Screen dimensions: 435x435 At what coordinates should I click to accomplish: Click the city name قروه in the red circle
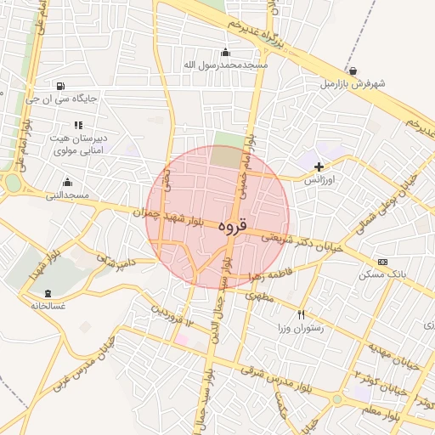tap(232, 227)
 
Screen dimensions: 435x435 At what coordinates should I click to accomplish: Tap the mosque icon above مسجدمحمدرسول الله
tap(224, 52)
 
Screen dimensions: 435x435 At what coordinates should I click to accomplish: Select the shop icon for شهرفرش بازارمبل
tap(353, 71)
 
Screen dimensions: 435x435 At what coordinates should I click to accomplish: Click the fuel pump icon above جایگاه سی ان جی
tap(59, 86)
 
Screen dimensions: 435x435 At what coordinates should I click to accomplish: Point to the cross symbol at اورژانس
tap(319, 167)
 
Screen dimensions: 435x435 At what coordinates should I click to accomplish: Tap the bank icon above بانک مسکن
tap(382, 262)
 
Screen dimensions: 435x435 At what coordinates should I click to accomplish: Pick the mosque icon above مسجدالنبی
tap(68, 183)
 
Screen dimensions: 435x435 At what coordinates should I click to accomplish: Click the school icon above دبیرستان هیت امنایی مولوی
tap(78, 125)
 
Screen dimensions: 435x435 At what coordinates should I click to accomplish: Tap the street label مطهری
tap(257, 297)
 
